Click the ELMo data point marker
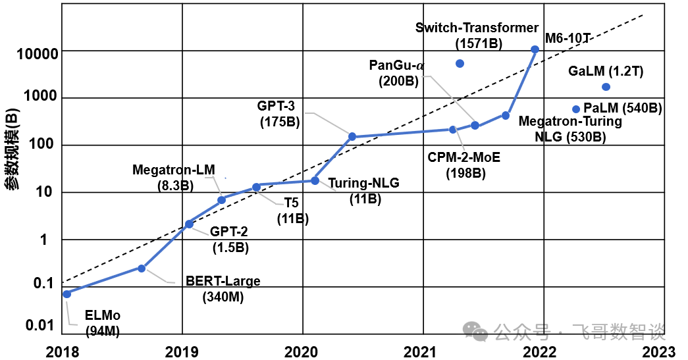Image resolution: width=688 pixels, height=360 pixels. click(x=66, y=294)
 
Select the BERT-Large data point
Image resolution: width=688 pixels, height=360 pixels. click(x=142, y=268)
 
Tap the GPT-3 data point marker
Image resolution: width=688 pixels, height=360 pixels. click(x=352, y=137)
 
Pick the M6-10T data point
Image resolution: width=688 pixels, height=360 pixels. click(x=535, y=49)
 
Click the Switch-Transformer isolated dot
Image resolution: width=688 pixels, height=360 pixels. click(x=460, y=63)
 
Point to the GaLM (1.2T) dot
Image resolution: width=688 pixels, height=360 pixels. click(x=606, y=87)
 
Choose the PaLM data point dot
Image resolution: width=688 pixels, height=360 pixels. click(x=576, y=109)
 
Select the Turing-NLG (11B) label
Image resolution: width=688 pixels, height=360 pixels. click(x=363, y=191)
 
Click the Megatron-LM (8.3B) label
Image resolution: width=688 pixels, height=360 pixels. click(x=174, y=178)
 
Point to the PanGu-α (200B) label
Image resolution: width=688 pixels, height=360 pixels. click(x=398, y=73)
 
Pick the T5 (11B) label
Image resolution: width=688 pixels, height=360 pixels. click(x=292, y=211)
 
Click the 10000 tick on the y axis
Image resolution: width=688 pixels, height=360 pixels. click(x=41, y=53)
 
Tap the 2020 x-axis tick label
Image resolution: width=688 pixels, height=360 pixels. click(x=302, y=351)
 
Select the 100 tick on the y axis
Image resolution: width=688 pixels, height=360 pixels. click(x=47, y=145)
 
